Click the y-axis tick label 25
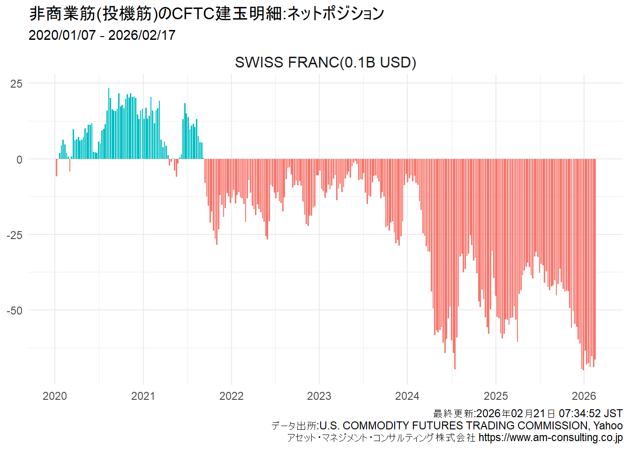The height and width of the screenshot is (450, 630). (x=16, y=84)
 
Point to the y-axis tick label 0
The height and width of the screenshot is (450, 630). (x=19, y=160)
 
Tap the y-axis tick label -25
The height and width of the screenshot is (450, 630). (x=15, y=235)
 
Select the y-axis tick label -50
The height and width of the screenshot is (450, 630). (x=15, y=311)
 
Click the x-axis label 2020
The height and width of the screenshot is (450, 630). (x=55, y=396)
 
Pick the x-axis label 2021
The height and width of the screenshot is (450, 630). (x=143, y=396)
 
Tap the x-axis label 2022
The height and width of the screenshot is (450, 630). (x=231, y=396)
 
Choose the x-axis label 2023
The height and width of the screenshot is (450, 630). (x=319, y=396)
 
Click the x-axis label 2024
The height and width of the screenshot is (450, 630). (x=407, y=396)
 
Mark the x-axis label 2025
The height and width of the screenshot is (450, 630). (x=495, y=396)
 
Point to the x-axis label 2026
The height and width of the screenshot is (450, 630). (x=584, y=396)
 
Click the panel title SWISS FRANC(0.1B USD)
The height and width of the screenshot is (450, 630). (x=325, y=62)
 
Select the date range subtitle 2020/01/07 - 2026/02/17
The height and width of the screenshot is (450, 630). (x=102, y=35)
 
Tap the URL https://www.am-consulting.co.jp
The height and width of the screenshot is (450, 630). (x=550, y=438)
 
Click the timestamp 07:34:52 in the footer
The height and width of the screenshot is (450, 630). (x=579, y=413)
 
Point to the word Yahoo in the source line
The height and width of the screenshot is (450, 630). (x=608, y=426)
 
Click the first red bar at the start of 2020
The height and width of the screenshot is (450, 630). (x=57, y=167)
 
